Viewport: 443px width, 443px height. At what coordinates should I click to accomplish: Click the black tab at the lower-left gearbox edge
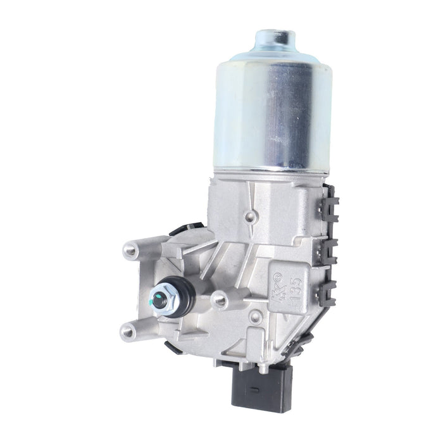point(171,347)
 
